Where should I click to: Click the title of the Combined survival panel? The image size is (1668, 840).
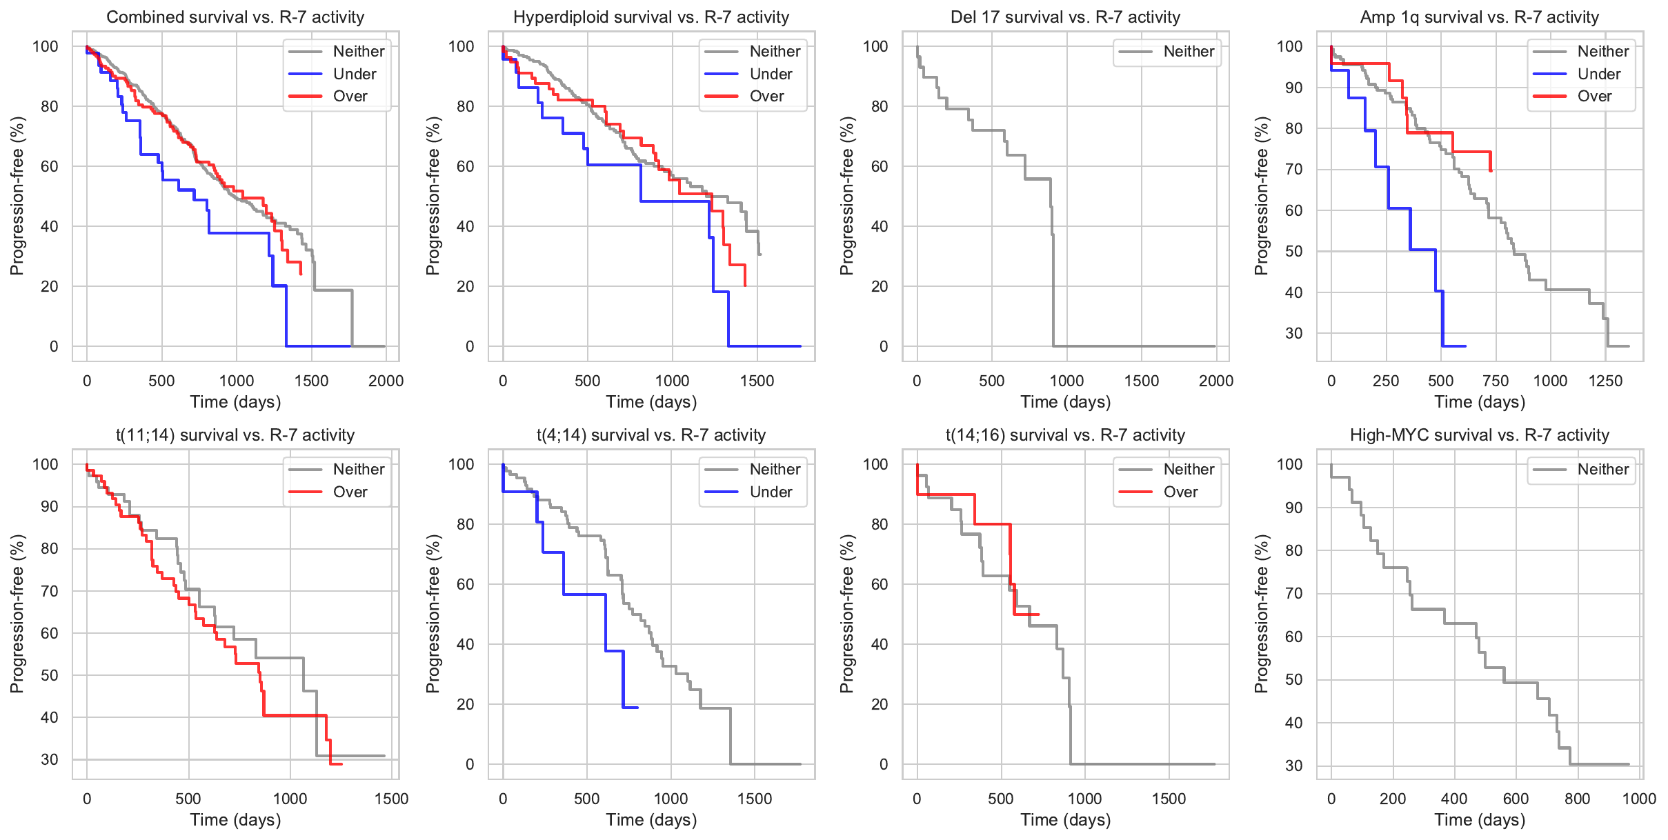click(235, 17)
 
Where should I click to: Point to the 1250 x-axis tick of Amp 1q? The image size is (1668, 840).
click(1605, 381)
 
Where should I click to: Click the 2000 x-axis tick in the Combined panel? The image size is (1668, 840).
click(386, 381)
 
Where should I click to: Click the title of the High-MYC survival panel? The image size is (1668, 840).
click(1480, 435)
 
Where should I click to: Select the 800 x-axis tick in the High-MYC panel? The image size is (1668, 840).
click(1578, 799)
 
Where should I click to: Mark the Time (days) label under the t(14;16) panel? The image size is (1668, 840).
click(1066, 820)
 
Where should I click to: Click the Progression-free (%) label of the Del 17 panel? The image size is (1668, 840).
click(847, 196)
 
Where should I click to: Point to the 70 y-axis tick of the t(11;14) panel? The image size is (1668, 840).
click(50, 591)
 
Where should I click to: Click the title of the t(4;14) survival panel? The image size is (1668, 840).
click(651, 435)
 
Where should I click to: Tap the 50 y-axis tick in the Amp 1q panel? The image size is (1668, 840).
click(1293, 251)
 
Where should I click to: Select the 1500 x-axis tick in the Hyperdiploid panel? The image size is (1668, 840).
click(757, 381)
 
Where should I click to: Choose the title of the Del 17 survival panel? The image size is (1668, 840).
click(1066, 17)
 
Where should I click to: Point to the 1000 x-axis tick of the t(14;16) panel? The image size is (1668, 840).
click(1084, 799)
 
